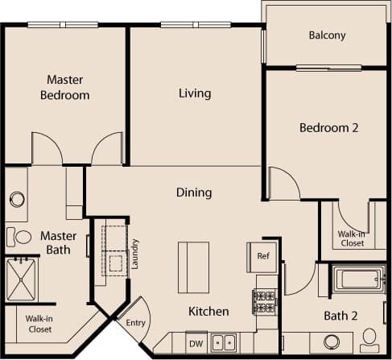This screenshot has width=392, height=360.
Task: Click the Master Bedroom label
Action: pos(67,87)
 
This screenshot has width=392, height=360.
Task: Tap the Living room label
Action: pos(194,93)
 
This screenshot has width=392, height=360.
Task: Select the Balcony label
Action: pos(327,35)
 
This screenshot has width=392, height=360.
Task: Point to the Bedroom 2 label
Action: pos(328,128)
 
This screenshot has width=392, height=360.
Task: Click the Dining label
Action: pos(194,192)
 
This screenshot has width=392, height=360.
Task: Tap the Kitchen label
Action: pos(208,311)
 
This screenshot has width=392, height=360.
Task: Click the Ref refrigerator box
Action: pos(262,256)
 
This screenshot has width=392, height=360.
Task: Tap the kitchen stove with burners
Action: pos(265,302)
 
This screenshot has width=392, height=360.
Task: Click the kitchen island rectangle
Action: pos(193,266)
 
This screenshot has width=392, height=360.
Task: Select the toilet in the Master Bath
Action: pos(14,236)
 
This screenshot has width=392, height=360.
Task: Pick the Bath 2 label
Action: pos(340,315)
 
